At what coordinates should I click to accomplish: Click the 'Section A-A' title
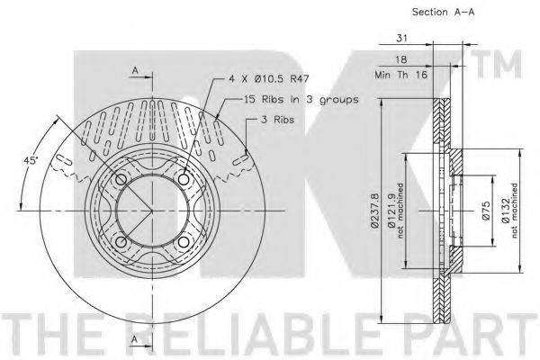[443, 12]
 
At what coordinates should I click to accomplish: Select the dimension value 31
[401, 38]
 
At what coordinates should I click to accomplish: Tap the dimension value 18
[400, 59]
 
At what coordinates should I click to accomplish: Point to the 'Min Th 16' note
[400, 75]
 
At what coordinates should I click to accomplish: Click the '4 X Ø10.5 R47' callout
[268, 79]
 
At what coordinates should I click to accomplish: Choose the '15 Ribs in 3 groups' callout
[301, 100]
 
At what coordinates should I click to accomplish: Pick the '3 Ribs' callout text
[277, 120]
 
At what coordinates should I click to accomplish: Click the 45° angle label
[31, 160]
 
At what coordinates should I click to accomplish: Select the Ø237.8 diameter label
[375, 211]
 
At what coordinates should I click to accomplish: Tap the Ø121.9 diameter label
[391, 211]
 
